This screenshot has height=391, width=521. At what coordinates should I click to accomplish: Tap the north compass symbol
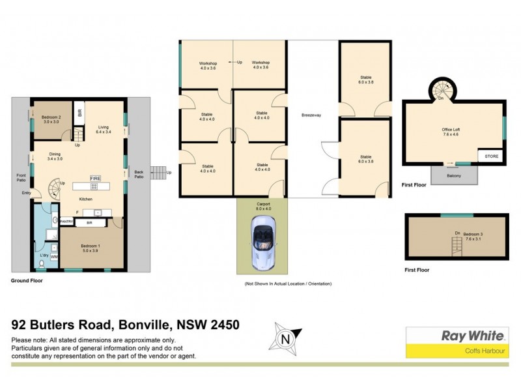click(283, 340)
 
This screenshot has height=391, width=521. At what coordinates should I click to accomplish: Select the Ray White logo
click(473, 336)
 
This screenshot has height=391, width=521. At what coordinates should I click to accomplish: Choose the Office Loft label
click(454, 132)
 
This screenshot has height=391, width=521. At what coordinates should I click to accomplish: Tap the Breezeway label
click(311, 116)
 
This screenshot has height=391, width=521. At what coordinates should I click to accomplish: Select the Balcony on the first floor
click(455, 175)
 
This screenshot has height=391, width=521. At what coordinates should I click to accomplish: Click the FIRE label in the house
click(95, 178)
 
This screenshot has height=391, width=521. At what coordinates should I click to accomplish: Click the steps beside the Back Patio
click(158, 173)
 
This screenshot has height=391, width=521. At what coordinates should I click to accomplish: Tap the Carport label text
click(262, 205)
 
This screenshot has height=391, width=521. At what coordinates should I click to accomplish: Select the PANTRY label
click(66, 222)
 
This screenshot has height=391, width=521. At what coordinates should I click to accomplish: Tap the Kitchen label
click(86, 198)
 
